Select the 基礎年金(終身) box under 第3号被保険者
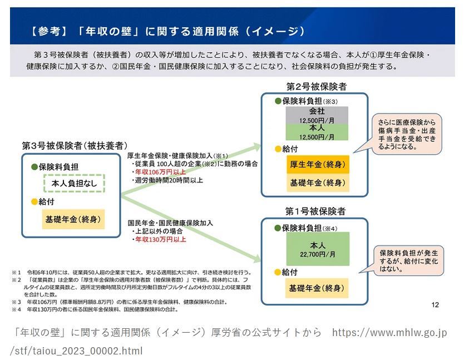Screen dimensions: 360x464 (73, 219)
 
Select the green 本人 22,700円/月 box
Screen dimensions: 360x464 (317, 248)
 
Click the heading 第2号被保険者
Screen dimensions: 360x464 (315, 86)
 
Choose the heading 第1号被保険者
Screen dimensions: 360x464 (315, 211)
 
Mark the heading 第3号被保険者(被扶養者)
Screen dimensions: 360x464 (72, 146)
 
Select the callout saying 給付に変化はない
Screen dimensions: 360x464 (408, 260)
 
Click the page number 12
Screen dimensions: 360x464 (435, 304)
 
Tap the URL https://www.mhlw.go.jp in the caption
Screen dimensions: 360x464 (389, 333)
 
